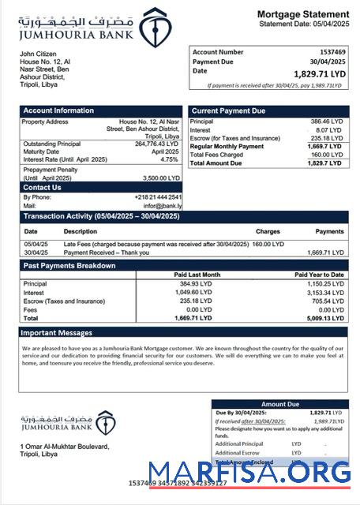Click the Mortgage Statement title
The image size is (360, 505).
[x=302, y=15]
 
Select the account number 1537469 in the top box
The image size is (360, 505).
[x=331, y=52]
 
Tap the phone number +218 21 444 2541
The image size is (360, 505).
[x=161, y=196]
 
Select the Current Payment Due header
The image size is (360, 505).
[x=228, y=110]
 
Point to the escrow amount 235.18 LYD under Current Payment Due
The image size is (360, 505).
[x=327, y=138]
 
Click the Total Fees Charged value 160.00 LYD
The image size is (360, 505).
[x=327, y=155]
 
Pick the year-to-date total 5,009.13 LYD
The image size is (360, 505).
[x=325, y=318]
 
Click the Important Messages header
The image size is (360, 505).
[x=58, y=332]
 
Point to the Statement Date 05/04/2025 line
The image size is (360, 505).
[x=304, y=24]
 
